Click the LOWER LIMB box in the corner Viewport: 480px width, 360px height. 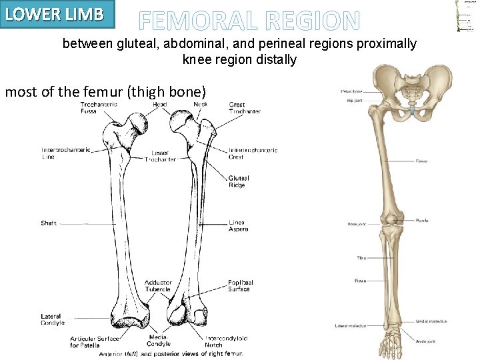[x=57, y=14]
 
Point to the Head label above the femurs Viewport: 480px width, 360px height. [x=160, y=105]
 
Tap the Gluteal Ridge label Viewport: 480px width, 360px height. [x=238, y=181]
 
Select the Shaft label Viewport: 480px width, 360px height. [x=49, y=223]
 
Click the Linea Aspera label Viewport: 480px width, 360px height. [x=238, y=226]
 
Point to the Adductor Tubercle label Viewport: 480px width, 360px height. [x=158, y=286]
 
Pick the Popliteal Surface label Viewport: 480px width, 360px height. [x=241, y=286]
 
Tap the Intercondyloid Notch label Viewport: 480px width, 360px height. [x=228, y=341]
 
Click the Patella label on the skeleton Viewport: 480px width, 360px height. [x=422, y=220]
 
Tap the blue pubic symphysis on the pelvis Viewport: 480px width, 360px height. [x=414, y=109]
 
